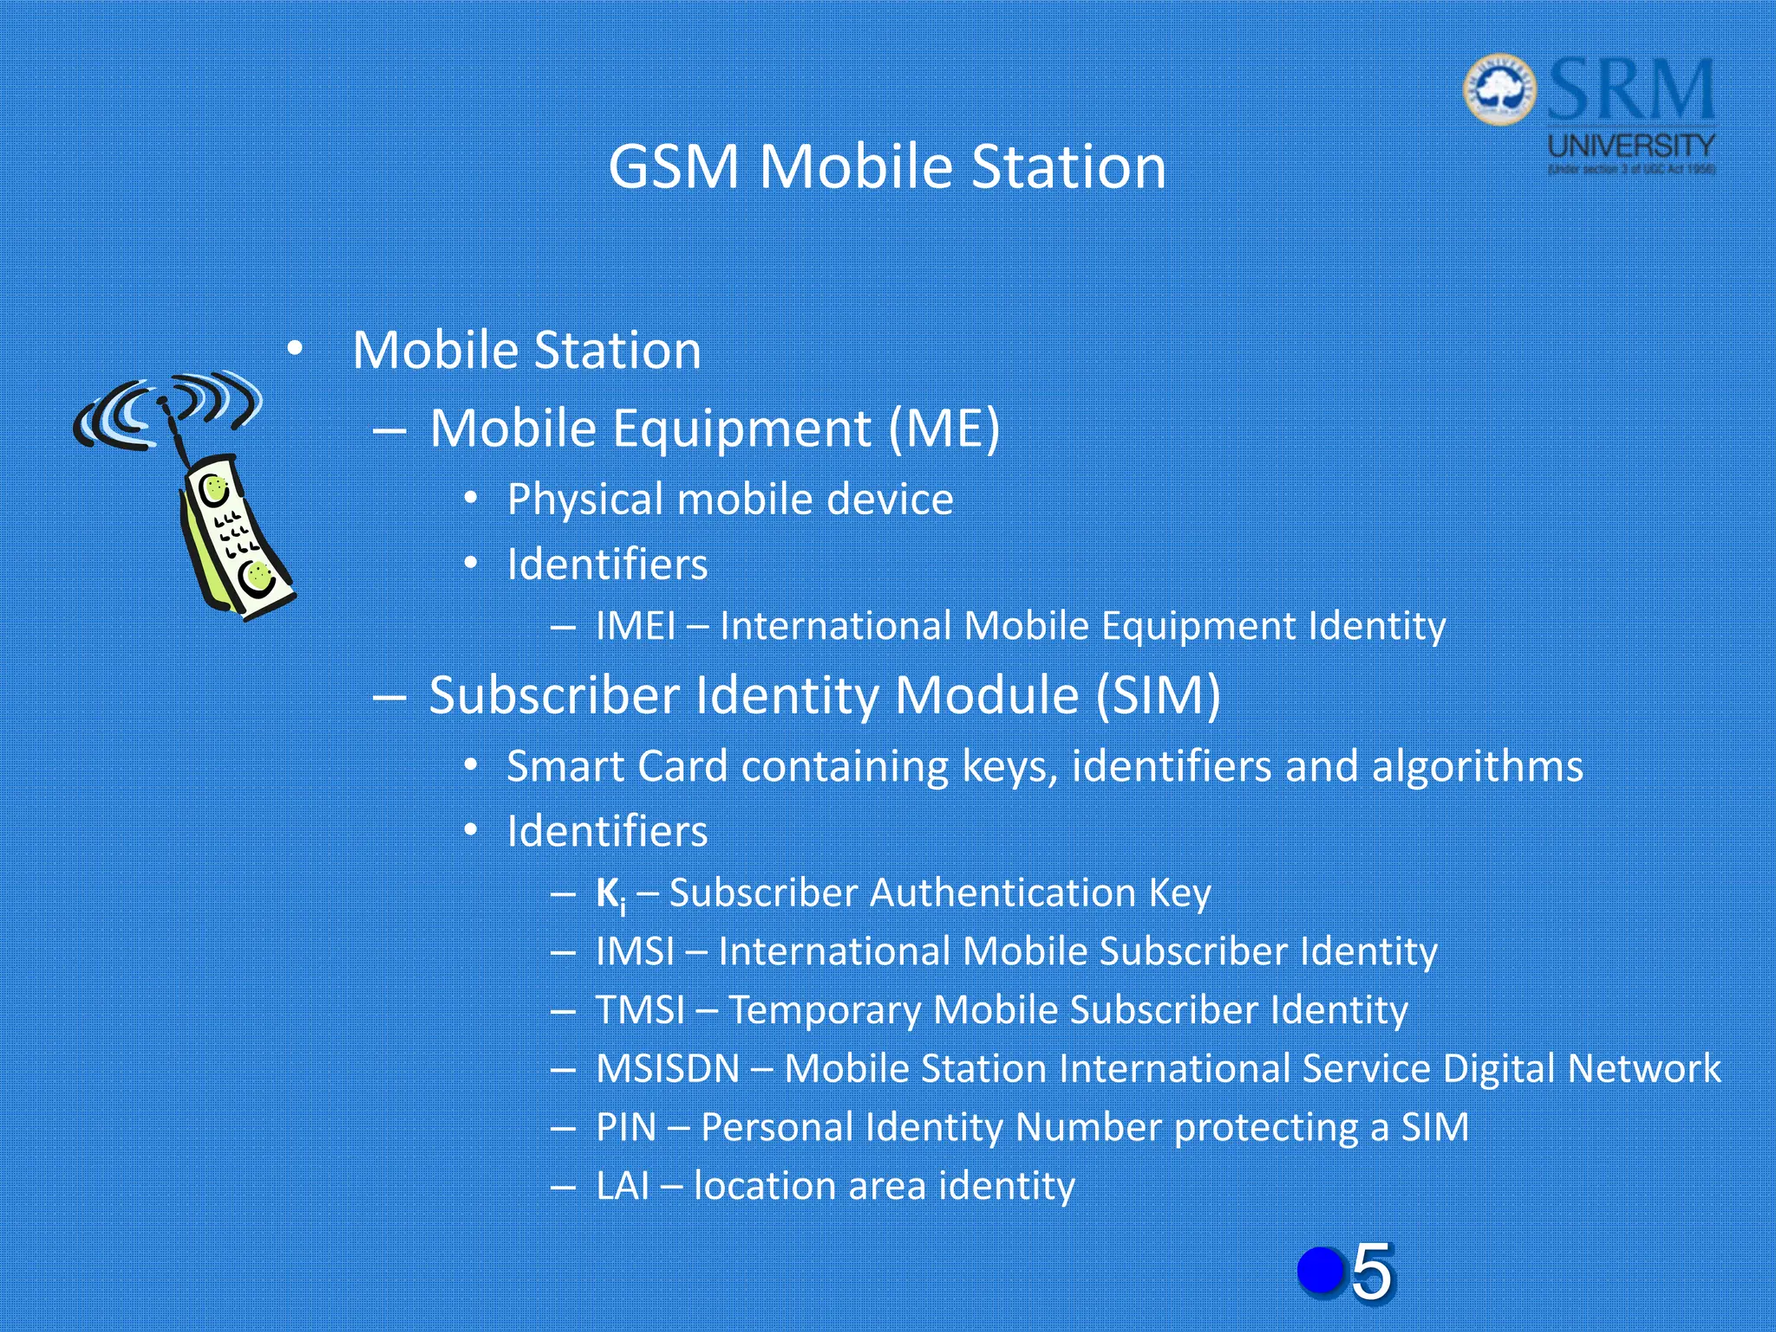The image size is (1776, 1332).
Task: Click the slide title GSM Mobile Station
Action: [x=886, y=166]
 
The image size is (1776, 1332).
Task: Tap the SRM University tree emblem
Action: [x=1499, y=89]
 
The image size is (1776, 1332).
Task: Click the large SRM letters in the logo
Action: [x=1630, y=89]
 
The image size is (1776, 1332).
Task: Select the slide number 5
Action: [x=1372, y=1271]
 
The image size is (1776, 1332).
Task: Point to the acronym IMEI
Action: [x=636, y=626]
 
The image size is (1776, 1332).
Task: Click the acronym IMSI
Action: [x=635, y=951]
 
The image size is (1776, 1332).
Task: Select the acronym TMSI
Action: [x=640, y=1010]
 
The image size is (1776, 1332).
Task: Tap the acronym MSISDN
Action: [x=668, y=1068]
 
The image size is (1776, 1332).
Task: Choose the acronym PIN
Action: [x=626, y=1127]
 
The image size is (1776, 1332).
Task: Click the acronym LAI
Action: [x=623, y=1186]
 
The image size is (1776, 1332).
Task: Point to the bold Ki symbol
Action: [x=610, y=894]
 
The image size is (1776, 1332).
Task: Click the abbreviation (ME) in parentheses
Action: [x=944, y=428]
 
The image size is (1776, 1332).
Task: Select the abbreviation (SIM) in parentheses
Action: [x=1158, y=695]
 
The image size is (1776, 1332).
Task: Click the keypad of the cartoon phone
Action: [x=234, y=533]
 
